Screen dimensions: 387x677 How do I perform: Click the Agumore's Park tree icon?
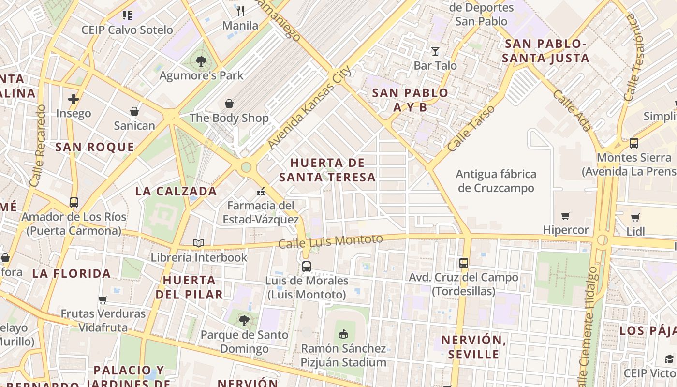[x=201, y=61]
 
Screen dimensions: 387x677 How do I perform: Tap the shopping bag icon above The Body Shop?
[x=229, y=104]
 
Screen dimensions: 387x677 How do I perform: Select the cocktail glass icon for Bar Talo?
[x=435, y=51]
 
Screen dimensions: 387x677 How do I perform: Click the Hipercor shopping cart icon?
[x=565, y=216]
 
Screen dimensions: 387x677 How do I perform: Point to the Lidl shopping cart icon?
[x=635, y=217]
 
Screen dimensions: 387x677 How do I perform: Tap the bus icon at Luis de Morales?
[x=306, y=266]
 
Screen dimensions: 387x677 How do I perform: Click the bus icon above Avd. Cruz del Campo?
[x=463, y=263]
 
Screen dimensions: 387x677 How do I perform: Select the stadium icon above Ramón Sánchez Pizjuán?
[x=343, y=334]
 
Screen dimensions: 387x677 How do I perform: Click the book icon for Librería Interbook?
[x=198, y=243]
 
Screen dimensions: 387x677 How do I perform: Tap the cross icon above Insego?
[x=74, y=99]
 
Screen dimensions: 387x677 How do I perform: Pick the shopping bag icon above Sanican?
[x=134, y=112]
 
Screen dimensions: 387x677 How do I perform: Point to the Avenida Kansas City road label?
[x=309, y=107]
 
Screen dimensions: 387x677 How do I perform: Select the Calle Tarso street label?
[x=471, y=128]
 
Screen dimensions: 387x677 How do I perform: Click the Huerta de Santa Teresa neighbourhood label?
[x=327, y=170]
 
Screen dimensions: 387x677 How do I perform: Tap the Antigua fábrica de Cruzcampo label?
[x=496, y=181]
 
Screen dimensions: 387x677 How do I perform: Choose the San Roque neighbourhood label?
[x=95, y=147]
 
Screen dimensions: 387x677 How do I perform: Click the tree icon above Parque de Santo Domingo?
[x=244, y=320]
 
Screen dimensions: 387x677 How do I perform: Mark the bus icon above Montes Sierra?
[x=633, y=143]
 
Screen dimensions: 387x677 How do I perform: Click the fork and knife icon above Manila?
[x=240, y=11]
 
